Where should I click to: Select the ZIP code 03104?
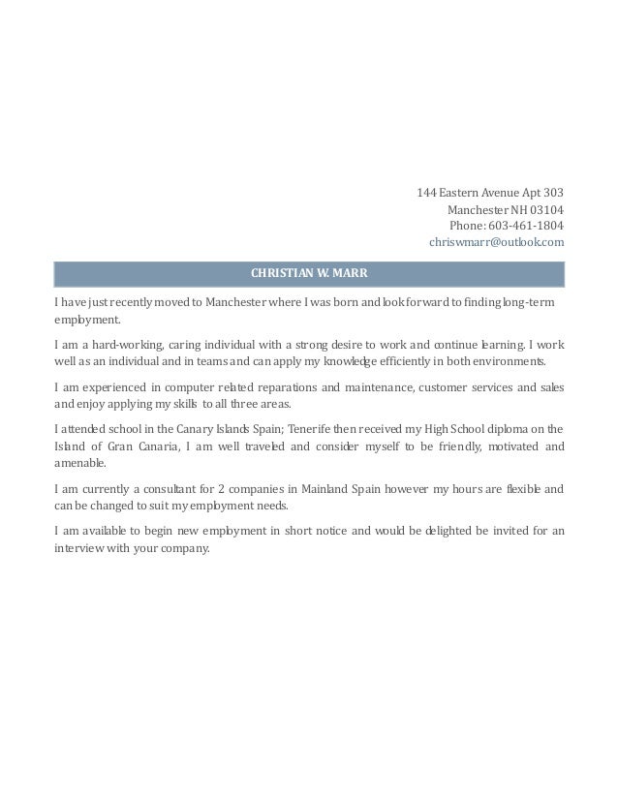coord(544,208)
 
